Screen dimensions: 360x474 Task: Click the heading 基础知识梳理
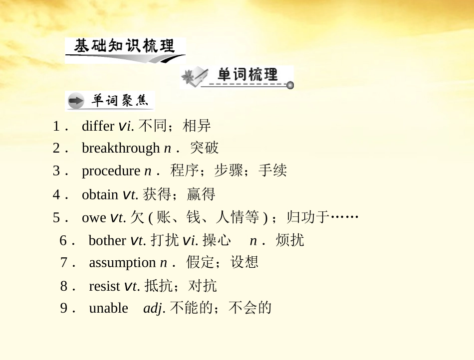pos(124,46)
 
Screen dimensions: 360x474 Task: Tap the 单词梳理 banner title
pos(247,75)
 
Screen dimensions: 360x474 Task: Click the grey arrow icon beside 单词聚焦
pos(76,102)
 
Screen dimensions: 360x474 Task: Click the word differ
pos(98,126)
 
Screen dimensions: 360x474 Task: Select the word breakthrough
pos(121,148)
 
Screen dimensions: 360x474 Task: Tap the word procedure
pos(111,171)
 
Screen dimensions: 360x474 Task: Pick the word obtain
pos(100,194)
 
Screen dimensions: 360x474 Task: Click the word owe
pos(94,218)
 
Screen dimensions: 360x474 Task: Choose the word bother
pos(107,240)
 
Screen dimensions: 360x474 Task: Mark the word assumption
pos(122,262)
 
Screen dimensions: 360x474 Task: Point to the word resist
pos(104,286)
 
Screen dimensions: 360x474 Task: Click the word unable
pos(108,308)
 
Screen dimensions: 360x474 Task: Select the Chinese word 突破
pos(204,148)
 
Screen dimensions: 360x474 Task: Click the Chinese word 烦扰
pos(289,240)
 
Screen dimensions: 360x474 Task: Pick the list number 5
pos(57,218)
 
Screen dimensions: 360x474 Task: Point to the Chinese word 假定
pos(200,262)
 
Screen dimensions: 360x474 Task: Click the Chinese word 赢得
pos(201,194)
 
